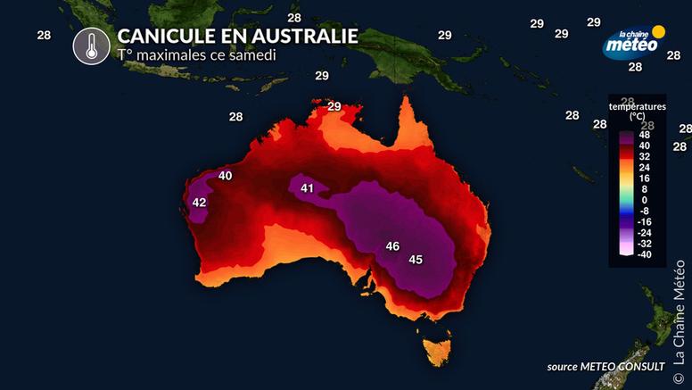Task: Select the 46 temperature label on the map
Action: point(392,245)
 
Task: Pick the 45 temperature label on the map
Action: point(416,260)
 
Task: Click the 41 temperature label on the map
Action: point(308,188)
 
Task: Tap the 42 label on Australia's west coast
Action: point(199,203)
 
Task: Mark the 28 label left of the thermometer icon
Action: point(43,35)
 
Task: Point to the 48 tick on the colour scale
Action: point(645,135)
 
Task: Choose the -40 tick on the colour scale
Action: point(645,254)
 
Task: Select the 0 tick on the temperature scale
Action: point(645,200)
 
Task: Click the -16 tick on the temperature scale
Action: point(645,221)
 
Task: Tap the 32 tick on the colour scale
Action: point(645,156)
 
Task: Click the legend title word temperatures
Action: point(638,106)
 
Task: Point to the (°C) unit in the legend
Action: point(638,116)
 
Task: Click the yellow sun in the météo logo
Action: point(659,32)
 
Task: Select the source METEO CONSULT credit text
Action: point(605,367)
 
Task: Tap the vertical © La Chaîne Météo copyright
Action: point(679,311)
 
